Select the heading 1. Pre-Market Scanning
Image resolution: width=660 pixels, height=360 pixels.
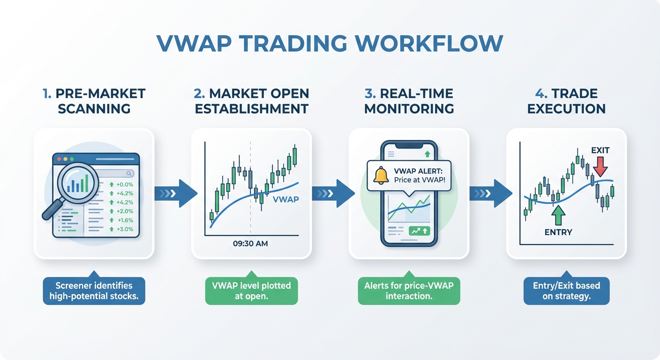pyautogui.click(x=94, y=101)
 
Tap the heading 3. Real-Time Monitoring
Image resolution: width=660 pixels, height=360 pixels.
pyautogui.click(x=409, y=101)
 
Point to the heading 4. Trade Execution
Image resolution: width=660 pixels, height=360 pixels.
pyautogui.click(x=566, y=101)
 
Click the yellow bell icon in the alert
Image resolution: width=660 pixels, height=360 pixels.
pyautogui.click(x=381, y=175)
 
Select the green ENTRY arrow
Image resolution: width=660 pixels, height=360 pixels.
pyautogui.click(x=558, y=216)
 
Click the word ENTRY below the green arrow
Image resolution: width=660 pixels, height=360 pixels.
pyautogui.click(x=558, y=232)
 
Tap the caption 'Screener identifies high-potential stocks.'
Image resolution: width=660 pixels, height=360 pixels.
pyautogui.click(x=94, y=291)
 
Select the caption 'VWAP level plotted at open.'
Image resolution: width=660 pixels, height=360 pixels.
pyautogui.click(x=251, y=291)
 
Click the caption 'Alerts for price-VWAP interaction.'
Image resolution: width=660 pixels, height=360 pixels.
pyautogui.click(x=409, y=291)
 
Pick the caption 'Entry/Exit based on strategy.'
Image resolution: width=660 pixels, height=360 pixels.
pyautogui.click(x=566, y=291)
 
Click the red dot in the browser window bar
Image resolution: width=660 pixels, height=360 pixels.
pyautogui.click(x=59, y=159)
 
